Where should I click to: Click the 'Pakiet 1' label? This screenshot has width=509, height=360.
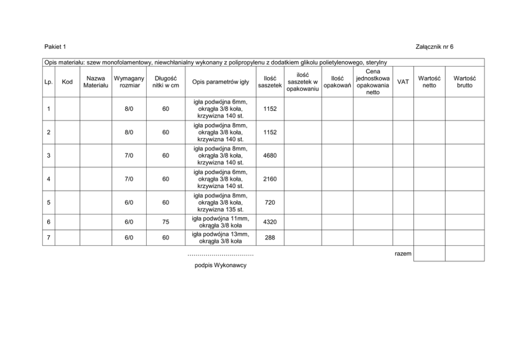[x=55, y=47]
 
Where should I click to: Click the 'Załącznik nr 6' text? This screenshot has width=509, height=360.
[x=435, y=47]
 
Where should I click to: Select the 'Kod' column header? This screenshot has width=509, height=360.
[x=67, y=82]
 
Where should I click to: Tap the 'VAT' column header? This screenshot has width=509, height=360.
[x=403, y=82]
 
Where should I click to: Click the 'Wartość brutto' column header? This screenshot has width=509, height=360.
[x=464, y=82]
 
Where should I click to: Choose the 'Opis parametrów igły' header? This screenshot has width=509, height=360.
[x=221, y=82]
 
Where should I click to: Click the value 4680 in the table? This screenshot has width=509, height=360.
[x=270, y=156]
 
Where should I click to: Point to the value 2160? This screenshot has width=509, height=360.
[x=270, y=179]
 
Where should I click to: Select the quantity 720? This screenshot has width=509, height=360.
[x=270, y=203]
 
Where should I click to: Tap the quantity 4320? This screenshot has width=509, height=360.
[x=270, y=222]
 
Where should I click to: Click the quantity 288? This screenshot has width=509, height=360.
[x=270, y=238]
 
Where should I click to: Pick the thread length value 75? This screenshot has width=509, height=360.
[x=166, y=222]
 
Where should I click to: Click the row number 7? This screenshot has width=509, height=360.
[x=48, y=238]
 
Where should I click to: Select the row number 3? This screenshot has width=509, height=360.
[x=48, y=156]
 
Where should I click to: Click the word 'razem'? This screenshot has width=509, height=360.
[x=403, y=254]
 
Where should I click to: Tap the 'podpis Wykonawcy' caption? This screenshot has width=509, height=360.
[x=221, y=266]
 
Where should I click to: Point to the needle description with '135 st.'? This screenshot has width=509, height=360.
[x=221, y=203]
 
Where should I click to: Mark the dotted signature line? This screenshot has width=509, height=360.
[x=221, y=255]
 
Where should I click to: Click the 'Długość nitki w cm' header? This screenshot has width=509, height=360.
[x=166, y=82]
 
